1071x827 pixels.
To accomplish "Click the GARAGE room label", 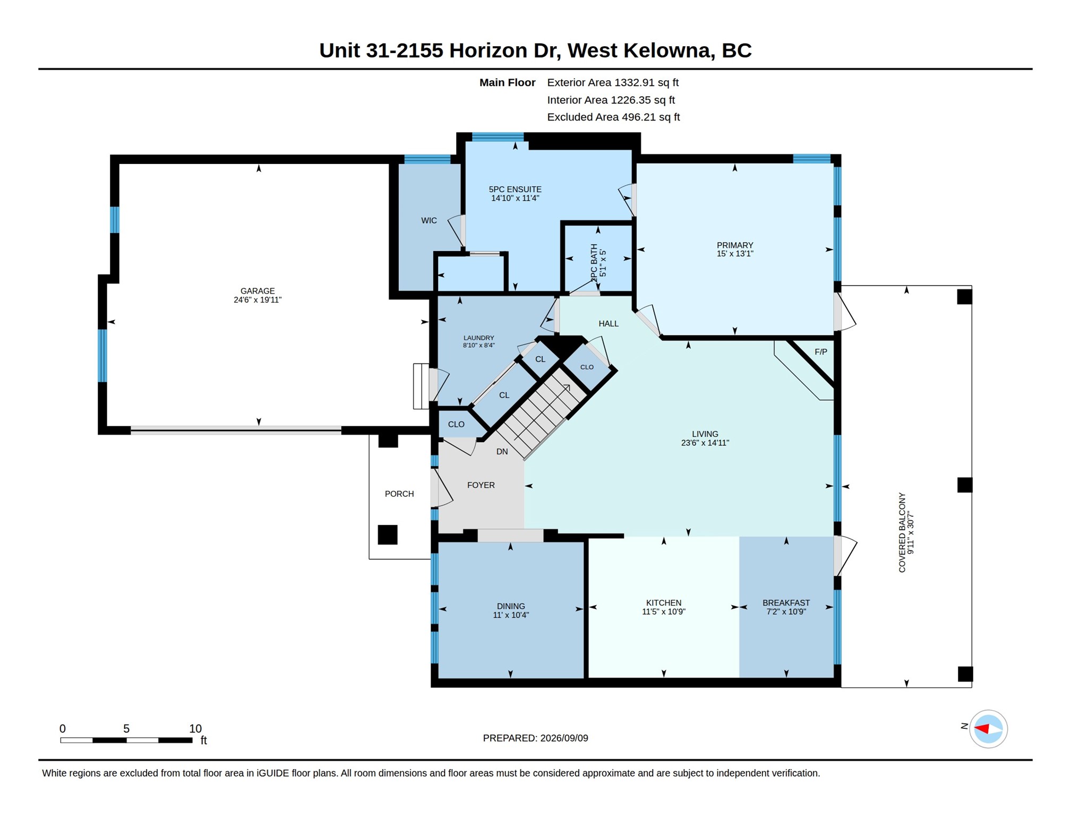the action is tap(258, 291).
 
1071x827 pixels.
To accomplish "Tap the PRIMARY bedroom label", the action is tap(735, 245).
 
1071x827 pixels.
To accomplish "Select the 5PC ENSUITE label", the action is tap(515, 189).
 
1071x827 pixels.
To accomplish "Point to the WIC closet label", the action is tap(429, 221).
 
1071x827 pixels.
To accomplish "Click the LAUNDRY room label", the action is tap(479, 338).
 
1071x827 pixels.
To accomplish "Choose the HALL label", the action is tap(609, 324).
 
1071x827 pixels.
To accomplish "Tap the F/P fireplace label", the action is tap(821, 352).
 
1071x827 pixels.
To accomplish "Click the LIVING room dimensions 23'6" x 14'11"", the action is tap(705, 443).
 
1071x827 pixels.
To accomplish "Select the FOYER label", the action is tap(481, 485).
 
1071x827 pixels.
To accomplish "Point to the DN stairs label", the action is tap(502, 452).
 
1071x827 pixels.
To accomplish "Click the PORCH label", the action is tap(399, 494).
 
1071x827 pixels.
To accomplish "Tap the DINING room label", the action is tap(511, 606).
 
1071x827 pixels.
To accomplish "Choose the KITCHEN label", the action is tap(664, 603).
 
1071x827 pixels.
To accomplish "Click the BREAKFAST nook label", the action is tap(786, 603).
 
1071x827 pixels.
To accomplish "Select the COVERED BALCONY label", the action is tap(902, 532).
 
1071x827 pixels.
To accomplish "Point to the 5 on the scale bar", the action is tap(126, 728).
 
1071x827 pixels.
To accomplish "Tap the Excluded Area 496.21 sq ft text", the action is tap(613, 117).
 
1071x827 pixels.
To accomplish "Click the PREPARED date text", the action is tap(535, 738).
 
